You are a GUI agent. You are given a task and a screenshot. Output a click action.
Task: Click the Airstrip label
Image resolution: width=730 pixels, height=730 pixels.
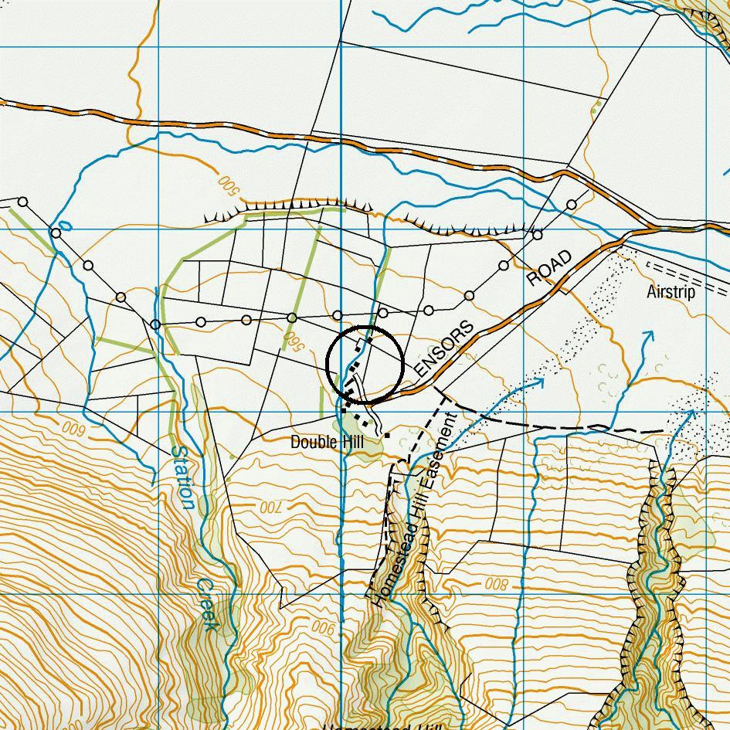click(x=671, y=292)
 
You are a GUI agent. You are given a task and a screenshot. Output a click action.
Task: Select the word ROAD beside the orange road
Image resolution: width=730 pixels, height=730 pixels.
click(x=550, y=268)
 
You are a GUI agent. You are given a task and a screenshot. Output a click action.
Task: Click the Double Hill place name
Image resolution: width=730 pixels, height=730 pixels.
click(x=327, y=442)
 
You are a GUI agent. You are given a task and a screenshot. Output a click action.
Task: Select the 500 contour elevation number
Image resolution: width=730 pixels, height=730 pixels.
click(x=226, y=184)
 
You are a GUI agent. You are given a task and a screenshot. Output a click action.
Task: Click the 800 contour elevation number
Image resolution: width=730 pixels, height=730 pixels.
click(x=496, y=585)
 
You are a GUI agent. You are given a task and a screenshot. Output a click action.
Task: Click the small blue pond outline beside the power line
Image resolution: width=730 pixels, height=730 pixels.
click(x=65, y=226)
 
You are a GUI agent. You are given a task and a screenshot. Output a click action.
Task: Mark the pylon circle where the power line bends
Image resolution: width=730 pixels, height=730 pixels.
click(x=155, y=324)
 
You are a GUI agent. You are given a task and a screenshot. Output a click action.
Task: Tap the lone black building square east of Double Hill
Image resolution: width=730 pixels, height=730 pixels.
click(x=387, y=436)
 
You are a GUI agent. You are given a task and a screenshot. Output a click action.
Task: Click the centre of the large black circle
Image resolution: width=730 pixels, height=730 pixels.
click(x=365, y=363)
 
